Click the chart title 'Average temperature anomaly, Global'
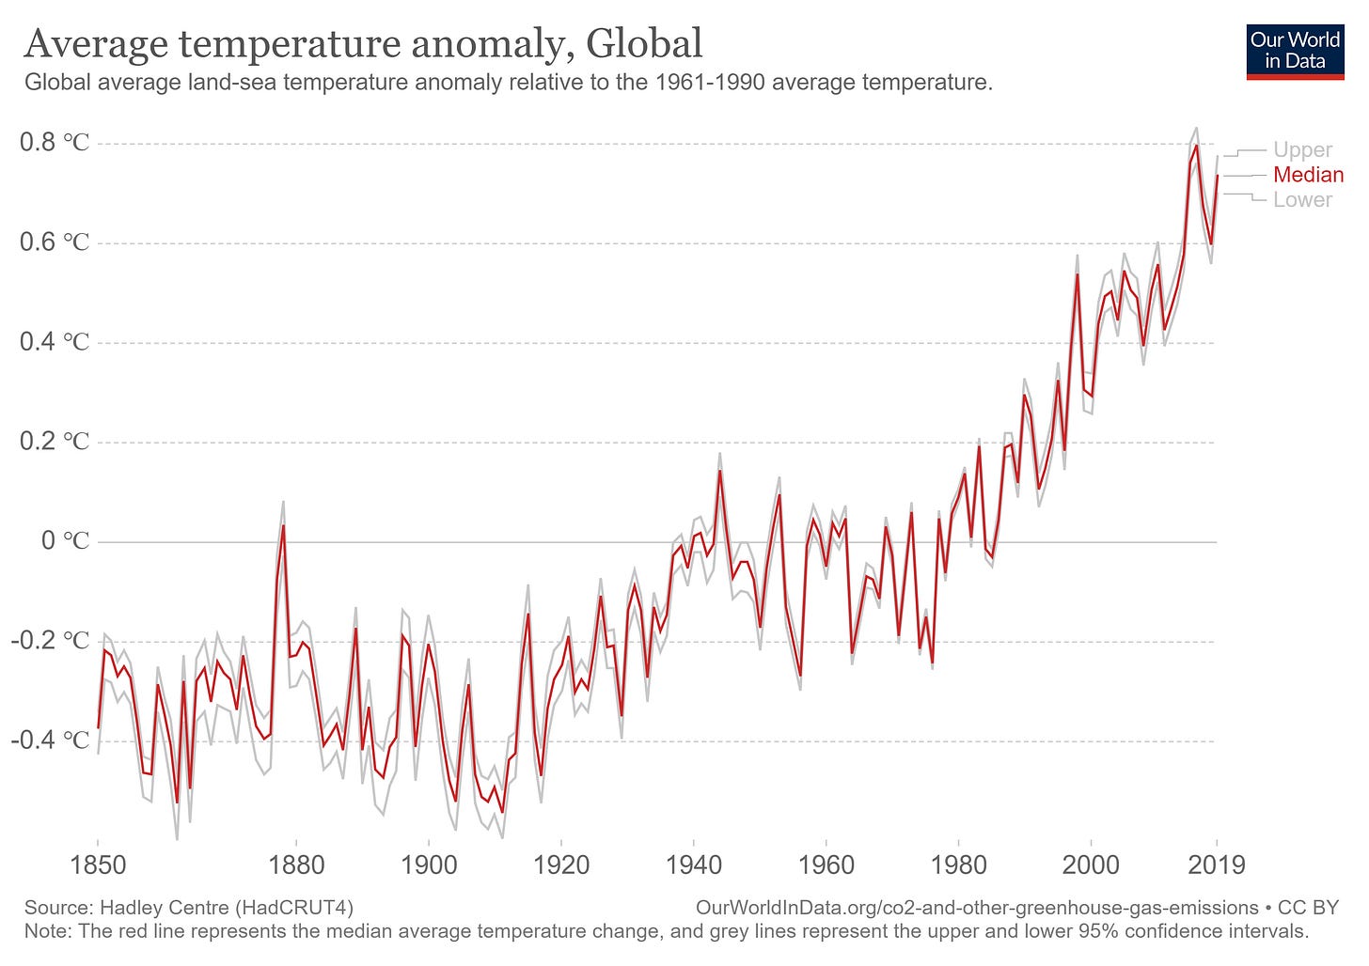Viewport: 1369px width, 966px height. click(363, 43)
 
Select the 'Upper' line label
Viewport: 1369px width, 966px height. click(1302, 150)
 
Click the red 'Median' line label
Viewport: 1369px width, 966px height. click(1308, 175)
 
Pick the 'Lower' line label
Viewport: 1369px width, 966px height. click(1302, 200)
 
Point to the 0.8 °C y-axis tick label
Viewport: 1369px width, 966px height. click(55, 143)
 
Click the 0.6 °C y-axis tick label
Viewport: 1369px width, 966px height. click(55, 242)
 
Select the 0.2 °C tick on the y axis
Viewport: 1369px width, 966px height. click(55, 442)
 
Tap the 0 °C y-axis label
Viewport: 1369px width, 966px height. click(64, 541)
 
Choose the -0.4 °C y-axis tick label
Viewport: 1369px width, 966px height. click(51, 740)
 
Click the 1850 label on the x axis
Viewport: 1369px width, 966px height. click(98, 865)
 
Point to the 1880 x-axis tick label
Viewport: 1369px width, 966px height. click(296, 865)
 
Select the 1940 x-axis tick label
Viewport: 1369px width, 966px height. click(693, 865)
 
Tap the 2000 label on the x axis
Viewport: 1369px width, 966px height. click(1091, 865)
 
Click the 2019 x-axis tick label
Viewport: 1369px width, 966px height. click(1217, 865)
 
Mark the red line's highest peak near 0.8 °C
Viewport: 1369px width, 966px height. click(1196, 146)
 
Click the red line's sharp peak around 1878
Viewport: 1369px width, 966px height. click(283, 526)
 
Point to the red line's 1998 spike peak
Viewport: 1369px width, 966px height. click(1078, 274)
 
